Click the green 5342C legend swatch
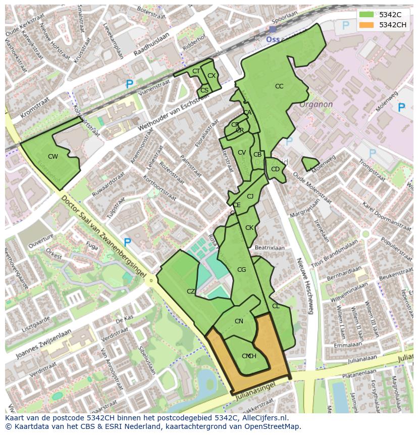tap(367, 15)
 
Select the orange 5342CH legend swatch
tap(367, 25)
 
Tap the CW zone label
tap(53, 157)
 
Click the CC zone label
tap(279, 86)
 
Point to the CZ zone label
tap(191, 292)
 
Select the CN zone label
tap(239, 321)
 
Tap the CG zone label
tap(241, 270)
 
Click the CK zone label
tap(249, 228)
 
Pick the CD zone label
tap(275, 169)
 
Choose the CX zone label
tap(212, 76)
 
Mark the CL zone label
tap(276, 306)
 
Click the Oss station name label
tap(273, 39)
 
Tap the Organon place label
tap(316, 105)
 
